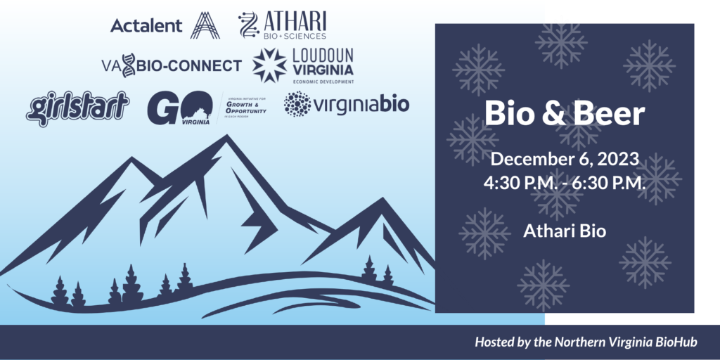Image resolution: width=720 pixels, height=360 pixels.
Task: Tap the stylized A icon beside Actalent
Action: point(205,25)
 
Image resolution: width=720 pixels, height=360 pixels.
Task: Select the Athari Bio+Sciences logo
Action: point(283,25)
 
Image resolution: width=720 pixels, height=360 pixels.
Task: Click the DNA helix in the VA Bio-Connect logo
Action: point(128,66)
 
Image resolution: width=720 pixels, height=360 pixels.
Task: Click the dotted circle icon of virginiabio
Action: point(297,104)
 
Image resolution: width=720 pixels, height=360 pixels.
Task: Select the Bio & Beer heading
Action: point(565,114)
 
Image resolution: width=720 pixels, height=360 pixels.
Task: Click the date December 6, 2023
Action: point(565,160)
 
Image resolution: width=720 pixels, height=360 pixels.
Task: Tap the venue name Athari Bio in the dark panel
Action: point(565,230)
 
